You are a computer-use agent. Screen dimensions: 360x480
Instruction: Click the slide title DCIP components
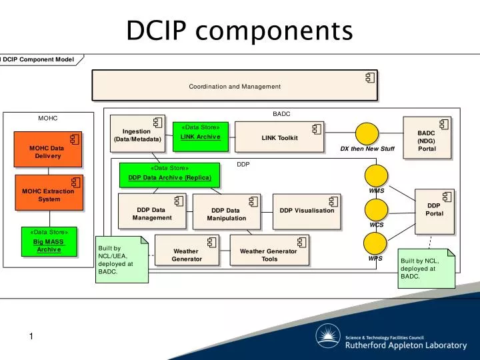point(239,30)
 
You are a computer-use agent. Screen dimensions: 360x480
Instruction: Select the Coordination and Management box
point(235,86)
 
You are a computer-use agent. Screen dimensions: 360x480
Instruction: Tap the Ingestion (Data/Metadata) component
point(137,135)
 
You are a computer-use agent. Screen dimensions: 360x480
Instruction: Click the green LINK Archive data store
point(200,136)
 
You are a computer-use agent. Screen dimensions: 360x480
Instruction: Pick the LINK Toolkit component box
point(279,138)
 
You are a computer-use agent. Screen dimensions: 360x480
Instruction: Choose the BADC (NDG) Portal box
point(427,138)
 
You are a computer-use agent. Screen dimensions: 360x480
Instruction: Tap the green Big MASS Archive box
point(49,242)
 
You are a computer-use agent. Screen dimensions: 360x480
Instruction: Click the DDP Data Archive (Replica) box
point(169,175)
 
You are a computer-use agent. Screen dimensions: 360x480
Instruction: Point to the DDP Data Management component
point(152,213)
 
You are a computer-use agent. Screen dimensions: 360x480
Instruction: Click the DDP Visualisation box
point(307,211)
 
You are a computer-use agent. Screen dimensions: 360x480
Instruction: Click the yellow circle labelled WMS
point(377,175)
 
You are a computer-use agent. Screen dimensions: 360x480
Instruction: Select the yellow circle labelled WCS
point(377,209)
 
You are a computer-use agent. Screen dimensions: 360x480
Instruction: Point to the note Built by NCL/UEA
point(119,259)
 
